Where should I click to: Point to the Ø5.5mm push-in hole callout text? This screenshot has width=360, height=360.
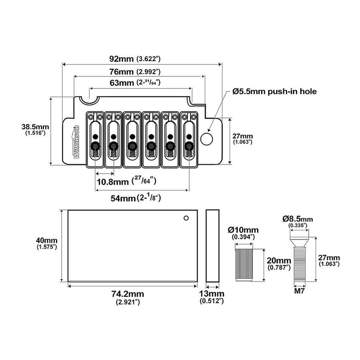click(274, 92)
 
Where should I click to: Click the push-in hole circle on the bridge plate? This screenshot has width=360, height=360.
click(207, 139)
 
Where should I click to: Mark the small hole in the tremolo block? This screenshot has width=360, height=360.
click(186, 218)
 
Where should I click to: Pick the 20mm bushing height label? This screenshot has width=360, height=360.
click(279, 263)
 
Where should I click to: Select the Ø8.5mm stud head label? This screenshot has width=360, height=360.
click(298, 221)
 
